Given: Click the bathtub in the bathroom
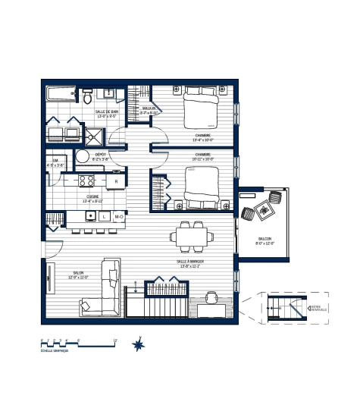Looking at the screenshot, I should point(60,93).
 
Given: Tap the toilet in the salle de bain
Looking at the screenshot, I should point(88,97).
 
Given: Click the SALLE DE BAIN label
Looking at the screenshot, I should point(105,114).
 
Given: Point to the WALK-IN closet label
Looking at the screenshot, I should point(149,110).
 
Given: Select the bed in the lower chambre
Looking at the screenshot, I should point(202,186).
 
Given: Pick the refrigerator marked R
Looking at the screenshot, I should point(116,181).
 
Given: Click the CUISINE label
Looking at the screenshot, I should point(93,199).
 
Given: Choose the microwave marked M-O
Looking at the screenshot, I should point(119,217).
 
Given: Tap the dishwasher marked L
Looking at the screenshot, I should point(104,217).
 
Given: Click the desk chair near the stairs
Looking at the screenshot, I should point(213,297).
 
